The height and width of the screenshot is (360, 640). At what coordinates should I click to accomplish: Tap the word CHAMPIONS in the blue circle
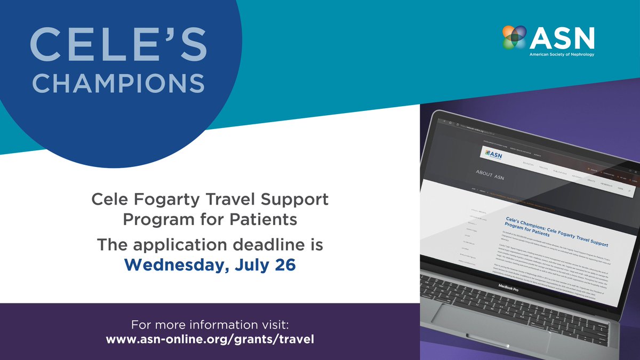pos(122,83)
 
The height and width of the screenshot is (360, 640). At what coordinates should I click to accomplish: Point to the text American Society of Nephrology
pos(561,54)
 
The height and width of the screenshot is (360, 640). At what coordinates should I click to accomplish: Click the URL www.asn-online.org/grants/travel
pos(210,339)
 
